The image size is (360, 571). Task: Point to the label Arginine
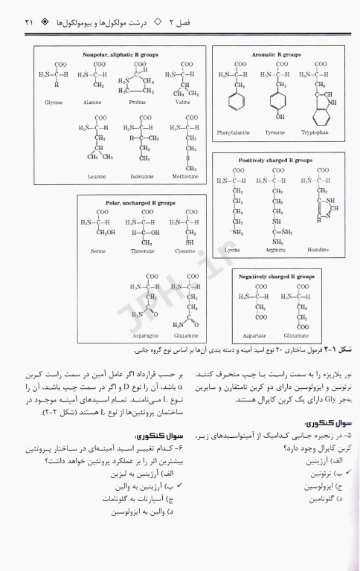276,250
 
